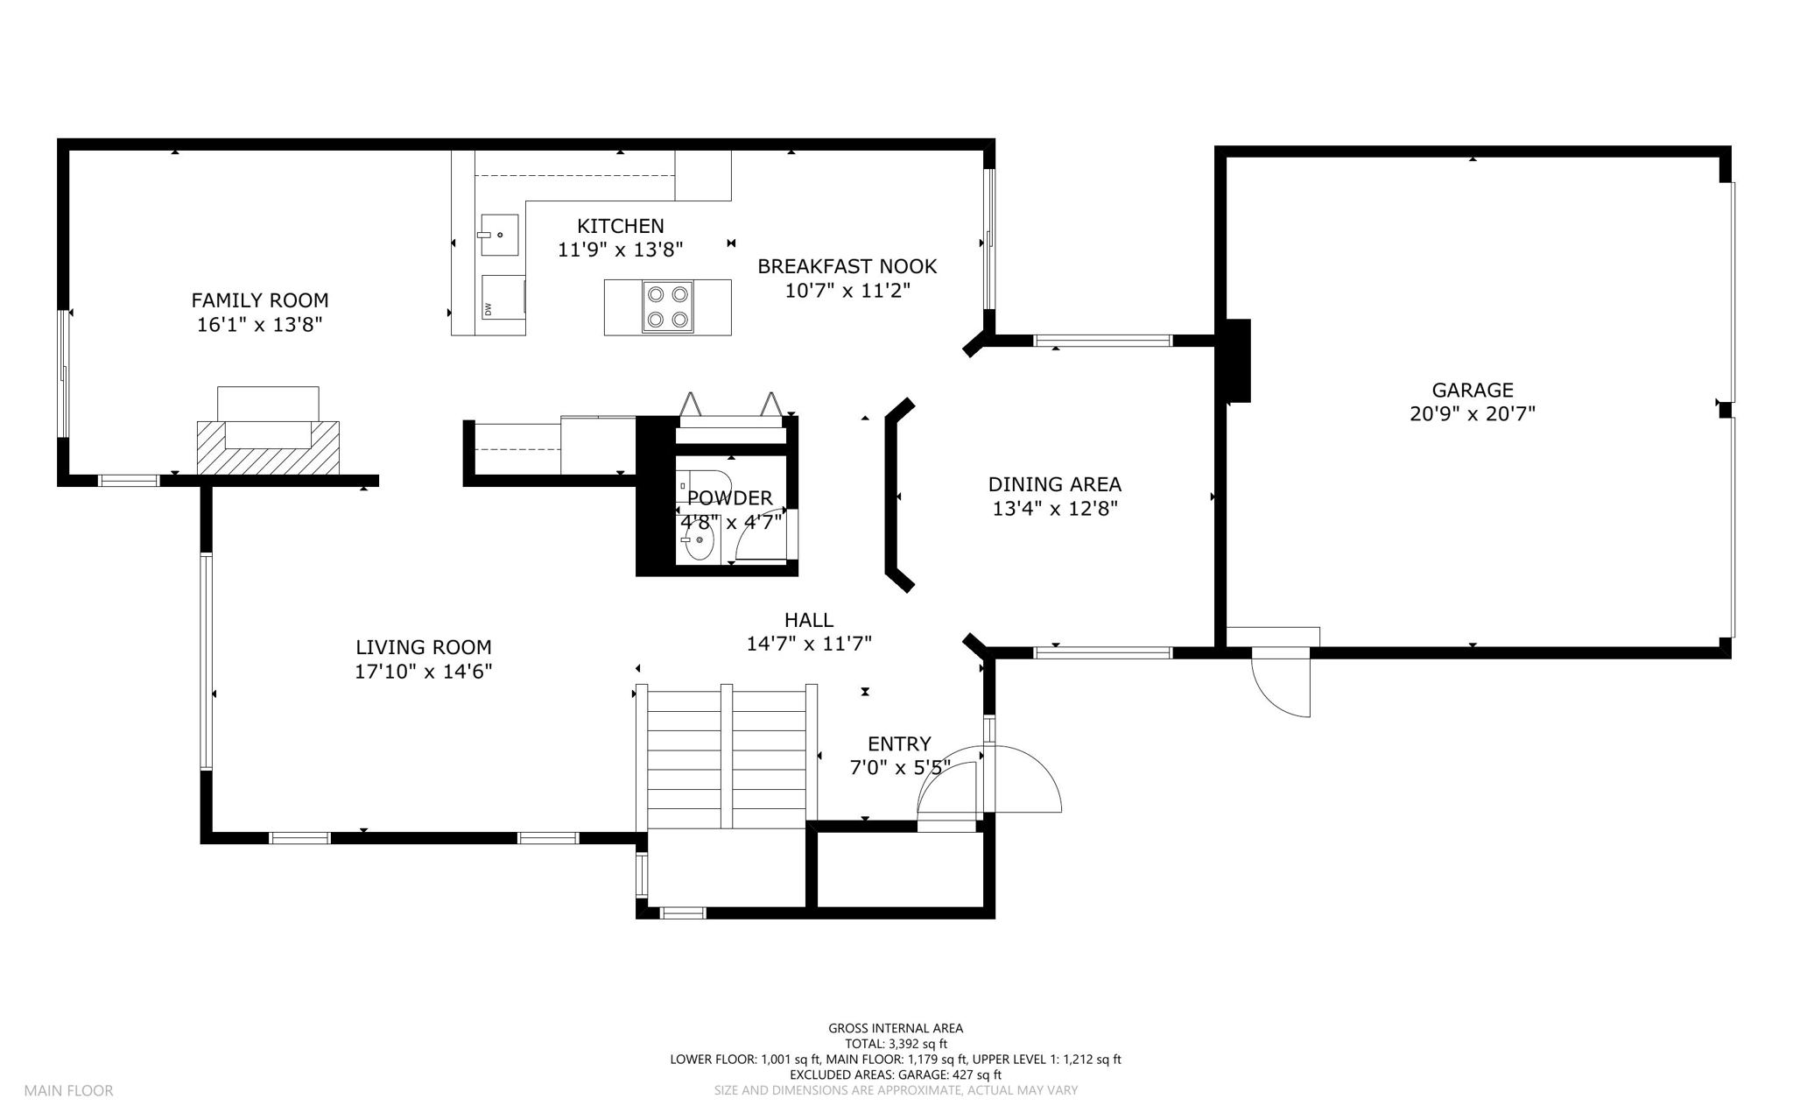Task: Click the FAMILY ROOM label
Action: click(260, 300)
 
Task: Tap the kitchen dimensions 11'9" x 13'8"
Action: click(620, 250)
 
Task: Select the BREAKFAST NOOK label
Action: click(847, 266)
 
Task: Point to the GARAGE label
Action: click(1473, 391)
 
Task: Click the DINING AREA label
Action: click(1054, 484)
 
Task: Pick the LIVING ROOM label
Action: click(424, 647)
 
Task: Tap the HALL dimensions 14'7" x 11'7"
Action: click(809, 645)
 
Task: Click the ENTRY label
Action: click(899, 744)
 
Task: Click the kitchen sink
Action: click(499, 235)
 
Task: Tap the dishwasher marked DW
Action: click(503, 298)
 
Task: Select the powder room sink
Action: click(698, 539)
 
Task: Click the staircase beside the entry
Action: click(726, 757)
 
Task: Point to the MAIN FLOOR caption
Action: click(68, 1091)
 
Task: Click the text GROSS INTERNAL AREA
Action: click(896, 1029)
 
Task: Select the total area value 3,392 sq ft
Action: click(918, 1044)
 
